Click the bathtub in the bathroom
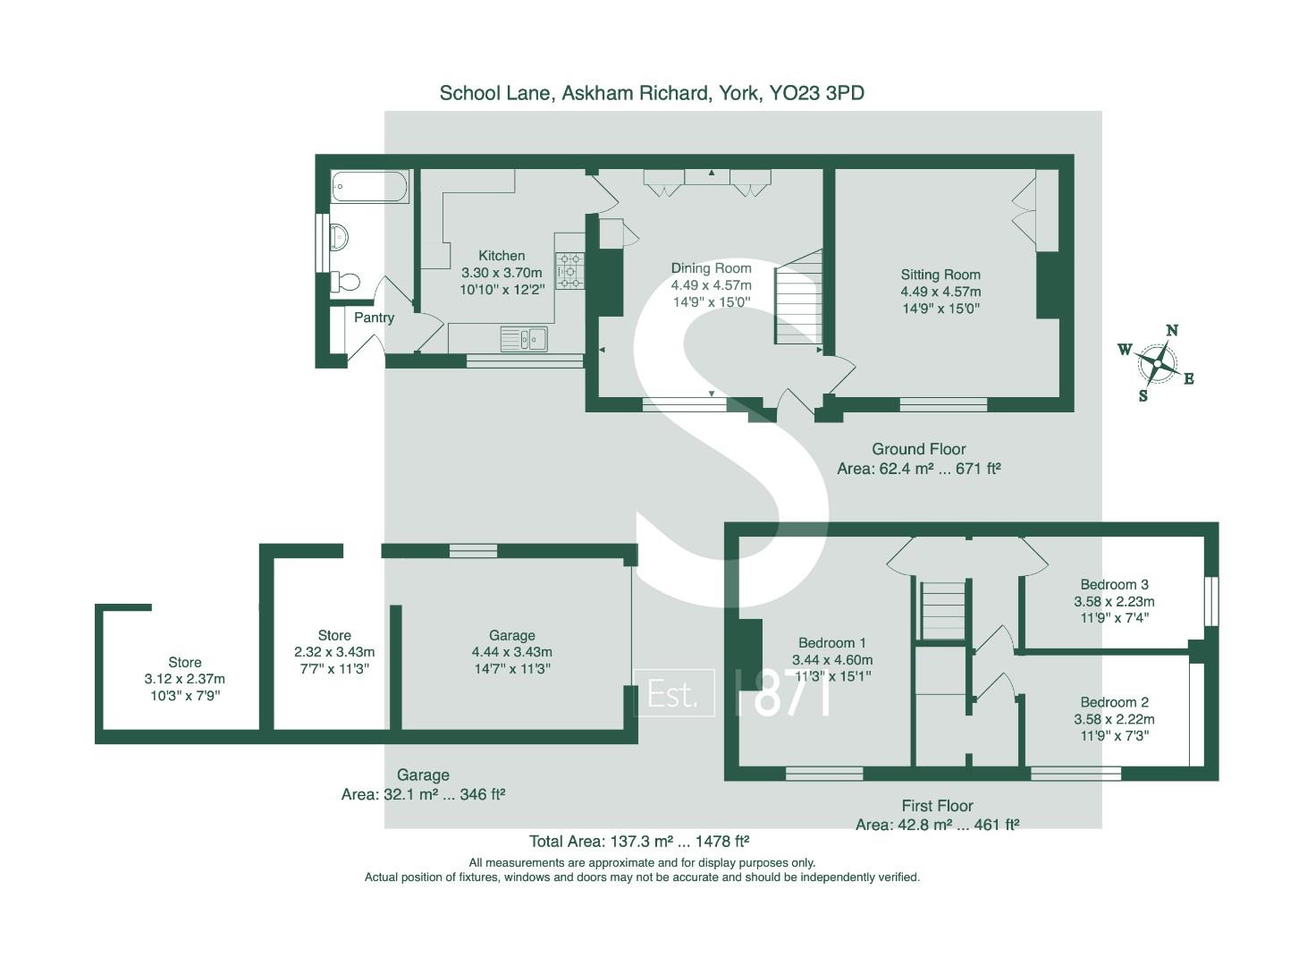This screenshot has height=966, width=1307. point(369,186)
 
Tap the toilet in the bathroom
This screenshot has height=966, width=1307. point(345,281)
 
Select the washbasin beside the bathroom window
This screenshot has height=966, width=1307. point(339,236)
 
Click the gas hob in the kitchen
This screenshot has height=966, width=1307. point(569,271)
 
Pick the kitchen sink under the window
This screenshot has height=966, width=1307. point(524,338)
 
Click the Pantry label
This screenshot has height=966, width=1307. point(374,318)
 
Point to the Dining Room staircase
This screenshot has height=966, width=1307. point(797,297)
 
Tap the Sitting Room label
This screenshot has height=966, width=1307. point(940,275)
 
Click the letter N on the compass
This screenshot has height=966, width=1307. point(1172,330)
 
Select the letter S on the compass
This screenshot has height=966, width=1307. point(1143,396)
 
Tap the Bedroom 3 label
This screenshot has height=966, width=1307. point(1114,584)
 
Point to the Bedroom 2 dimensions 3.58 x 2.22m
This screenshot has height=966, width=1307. point(1114,719)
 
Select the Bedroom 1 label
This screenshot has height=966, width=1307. point(831,643)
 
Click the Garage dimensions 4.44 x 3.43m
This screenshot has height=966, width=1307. point(511,652)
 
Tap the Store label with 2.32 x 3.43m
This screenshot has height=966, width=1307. point(334,635)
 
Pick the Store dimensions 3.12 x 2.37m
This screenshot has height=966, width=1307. point(184,679)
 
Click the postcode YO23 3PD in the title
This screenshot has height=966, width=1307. point(817,93)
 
